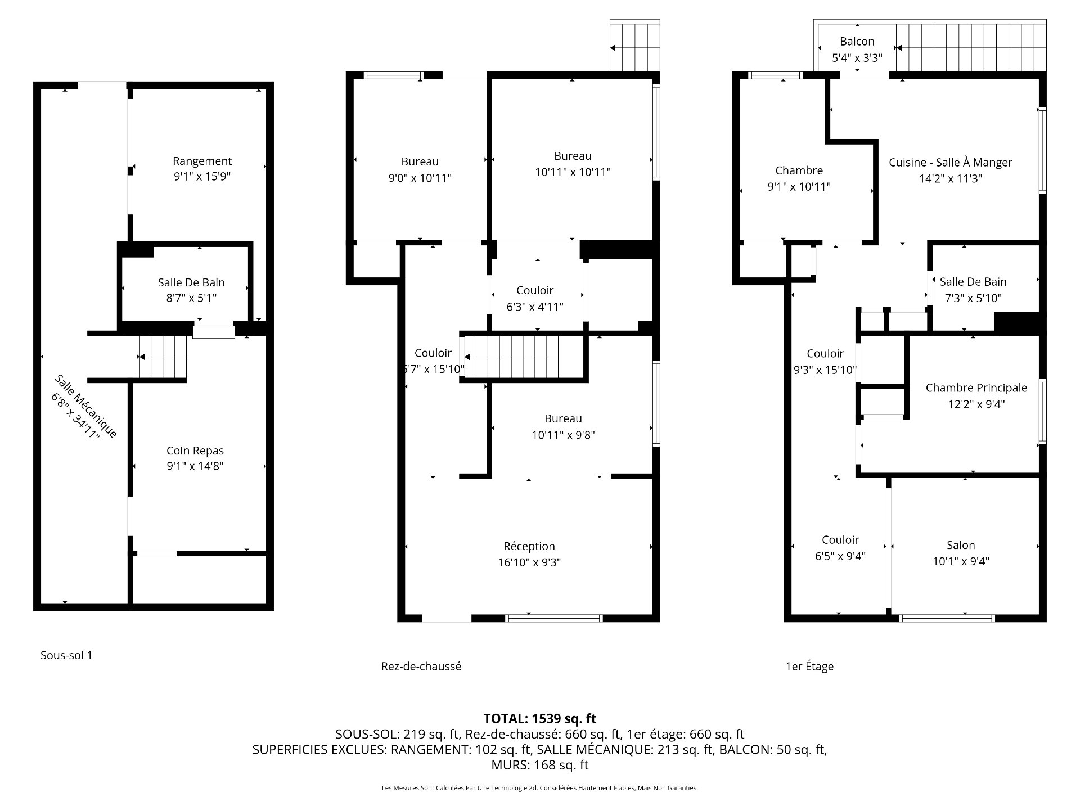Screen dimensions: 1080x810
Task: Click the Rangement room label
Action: point(202,161)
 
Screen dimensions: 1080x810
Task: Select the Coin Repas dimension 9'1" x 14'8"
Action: point(195,466)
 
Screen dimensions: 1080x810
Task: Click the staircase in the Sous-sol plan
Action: point(163,357)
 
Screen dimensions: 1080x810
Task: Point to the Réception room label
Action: point(529,546)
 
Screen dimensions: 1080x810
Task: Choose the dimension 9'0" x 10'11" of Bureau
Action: point(420,178)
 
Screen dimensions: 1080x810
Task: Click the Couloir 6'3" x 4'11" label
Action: point(535,298)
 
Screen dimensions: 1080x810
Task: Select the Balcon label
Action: point(857,42)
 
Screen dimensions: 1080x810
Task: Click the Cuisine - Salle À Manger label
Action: point(951,163)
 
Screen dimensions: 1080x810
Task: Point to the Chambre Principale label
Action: point(976,388)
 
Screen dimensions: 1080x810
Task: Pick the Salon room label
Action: point(961,545)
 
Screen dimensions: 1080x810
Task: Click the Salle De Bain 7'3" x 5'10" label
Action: point(973,290)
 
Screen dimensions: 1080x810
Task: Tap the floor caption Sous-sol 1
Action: point(66,655)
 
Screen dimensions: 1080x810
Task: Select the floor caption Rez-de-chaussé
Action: point(421,667)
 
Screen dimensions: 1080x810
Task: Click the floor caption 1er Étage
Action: point(809,667)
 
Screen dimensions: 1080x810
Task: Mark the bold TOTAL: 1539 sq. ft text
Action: point(540,719)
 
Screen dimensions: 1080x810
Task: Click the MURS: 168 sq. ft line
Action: point(540,765)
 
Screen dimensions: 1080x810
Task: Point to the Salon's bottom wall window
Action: point(947,618)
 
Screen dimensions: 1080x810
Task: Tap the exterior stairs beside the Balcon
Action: point(970,48)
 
